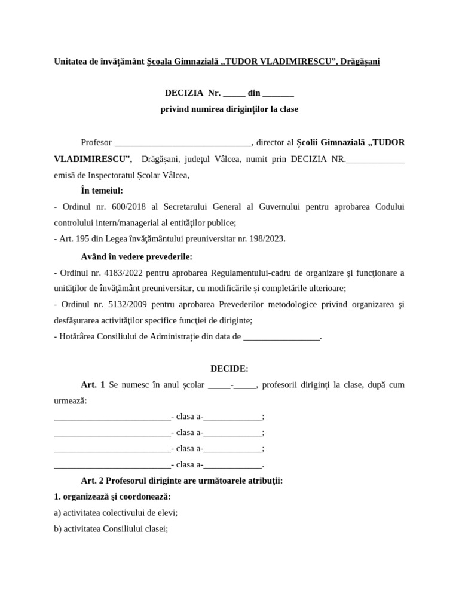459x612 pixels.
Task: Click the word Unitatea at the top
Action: pos(70,62)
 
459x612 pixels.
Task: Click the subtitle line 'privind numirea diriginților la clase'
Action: pos(229,109)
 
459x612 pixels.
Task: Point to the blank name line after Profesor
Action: pos(183,143)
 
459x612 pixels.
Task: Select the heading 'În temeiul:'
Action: pos(102,191)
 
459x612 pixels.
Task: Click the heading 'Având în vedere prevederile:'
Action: pos(137,256)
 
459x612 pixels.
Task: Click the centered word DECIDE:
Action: pos(229,369)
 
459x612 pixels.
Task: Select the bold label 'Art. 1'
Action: pos(93,385)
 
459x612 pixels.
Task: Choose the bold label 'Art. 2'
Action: pos(93,481)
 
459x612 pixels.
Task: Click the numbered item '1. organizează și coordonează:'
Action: pos(112,497)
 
